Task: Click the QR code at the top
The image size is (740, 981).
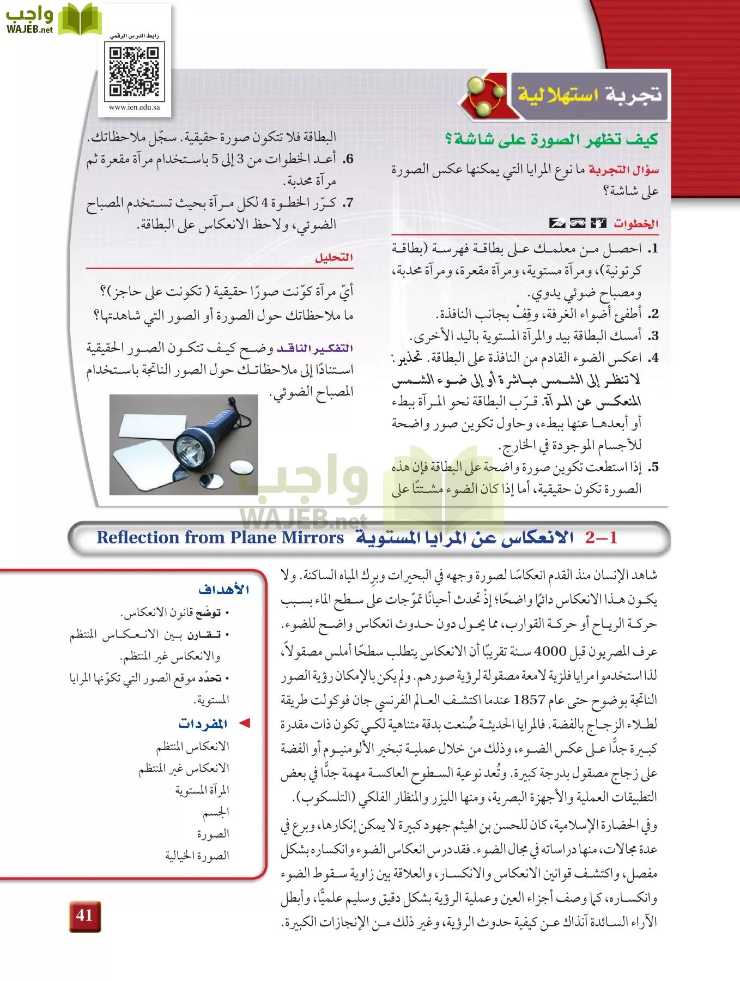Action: pyautogui.click(x=134, y=71)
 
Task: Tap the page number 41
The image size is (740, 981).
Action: pyautogui.click(x=84, y=915)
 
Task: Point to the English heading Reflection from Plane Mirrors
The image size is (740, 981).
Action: pyautogui.click(x=220, y=537)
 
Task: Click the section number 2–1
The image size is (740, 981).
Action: pyautogui.click(x=601, y=537)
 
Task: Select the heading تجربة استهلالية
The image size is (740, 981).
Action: pyautogui.click(x=590, y=95)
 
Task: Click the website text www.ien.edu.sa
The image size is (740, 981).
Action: pyautogui.click(x=135, y=107)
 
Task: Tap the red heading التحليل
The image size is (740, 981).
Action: pyautogui.click(x=334, y=257)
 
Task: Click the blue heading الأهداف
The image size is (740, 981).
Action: pyautogui.click(x=224, y=589)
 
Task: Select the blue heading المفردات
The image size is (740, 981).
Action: pyautogui.click(x=203, y=724)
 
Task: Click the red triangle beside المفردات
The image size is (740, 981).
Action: pyautogui.click(x=245, y=723)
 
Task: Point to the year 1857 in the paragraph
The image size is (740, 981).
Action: pyautogui.click(x=529, y=699)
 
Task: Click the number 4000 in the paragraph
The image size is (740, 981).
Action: pyautogui.click(x=550, y=651)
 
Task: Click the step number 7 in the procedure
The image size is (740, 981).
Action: pyautogui.click(x=348, y=203)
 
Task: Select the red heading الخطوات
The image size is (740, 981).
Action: pyautogui.click(x=636, y=223)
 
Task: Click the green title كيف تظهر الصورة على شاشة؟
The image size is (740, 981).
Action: pyautogui.click(x=551, y=140)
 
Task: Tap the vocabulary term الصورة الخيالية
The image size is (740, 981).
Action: pyautogui.click(x=197, y=856)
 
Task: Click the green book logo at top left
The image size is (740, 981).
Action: pyautogui.click(x=81, y=20)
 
